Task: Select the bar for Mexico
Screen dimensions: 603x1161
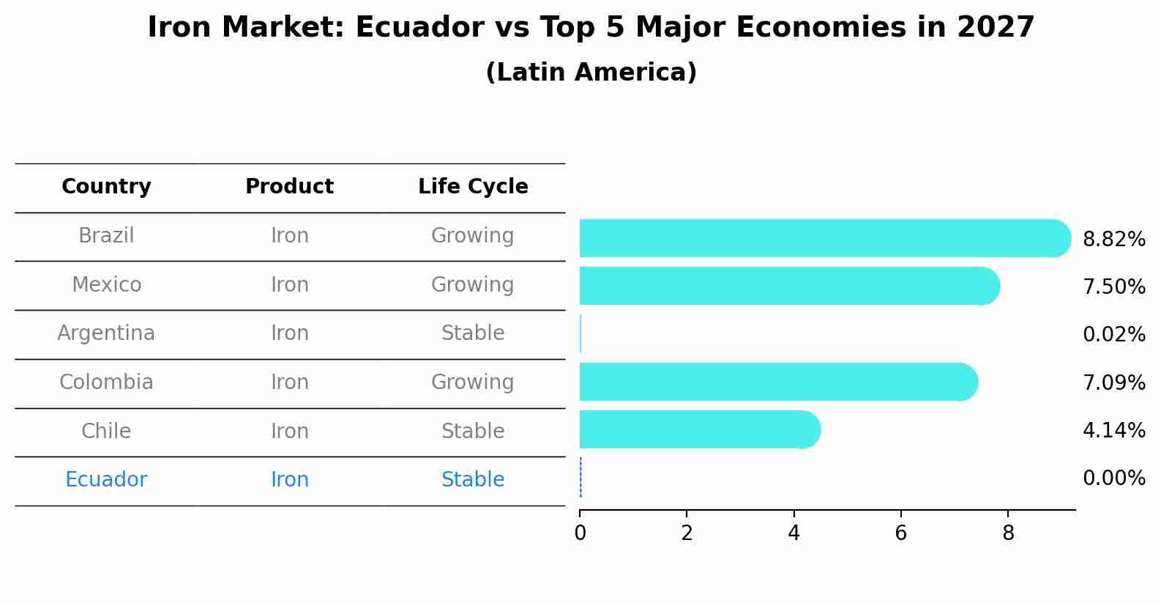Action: click(x=787, y=286)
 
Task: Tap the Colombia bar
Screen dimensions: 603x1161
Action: click(x=776, y=382)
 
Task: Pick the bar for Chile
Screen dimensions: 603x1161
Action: click(x=695, y=429)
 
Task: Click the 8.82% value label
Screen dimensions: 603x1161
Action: click(x=1113, y=240)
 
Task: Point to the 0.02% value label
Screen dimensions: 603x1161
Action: click(x=1113, y=335)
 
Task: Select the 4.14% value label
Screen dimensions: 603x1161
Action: click(x=1113, y=430)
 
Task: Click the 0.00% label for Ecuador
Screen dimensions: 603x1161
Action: click(x=1113, y=478)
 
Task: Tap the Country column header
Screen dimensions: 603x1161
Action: click(x=106, y=187)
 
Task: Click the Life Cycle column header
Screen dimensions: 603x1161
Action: click(x=473, y=187)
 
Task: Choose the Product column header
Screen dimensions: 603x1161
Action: click(x=289, y=187)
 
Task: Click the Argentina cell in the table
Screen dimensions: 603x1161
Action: click(x=106, y=333)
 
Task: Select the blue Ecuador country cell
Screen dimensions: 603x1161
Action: click(x=106, y=480)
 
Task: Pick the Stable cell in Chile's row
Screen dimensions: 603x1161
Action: click(x=473, y=431)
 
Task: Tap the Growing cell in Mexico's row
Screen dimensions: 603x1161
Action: click(x=473, y=284)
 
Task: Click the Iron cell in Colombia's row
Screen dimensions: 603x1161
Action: click(x=289, y=382)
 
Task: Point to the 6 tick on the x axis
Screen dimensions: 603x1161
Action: click(x=900, y=533)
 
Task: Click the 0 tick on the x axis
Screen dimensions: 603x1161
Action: click(x=580, y=533)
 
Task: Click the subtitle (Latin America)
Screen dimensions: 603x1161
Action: click(x=591, y=73)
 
